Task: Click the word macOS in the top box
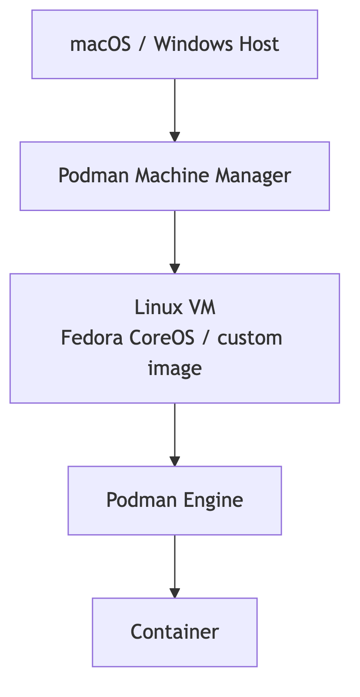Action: click(x=100, y=44)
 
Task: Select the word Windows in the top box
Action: click(x=188, y=44)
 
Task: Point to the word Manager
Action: click(x=253, y=176)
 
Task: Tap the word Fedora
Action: click(x=92, y=338)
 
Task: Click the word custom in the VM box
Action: click(x=250, y=338)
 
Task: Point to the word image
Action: click(x=175, y=369)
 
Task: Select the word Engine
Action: click(x=213, y=500)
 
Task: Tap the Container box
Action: click(x=175, y=632)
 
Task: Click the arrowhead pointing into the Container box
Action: click(x=175, y=593)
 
